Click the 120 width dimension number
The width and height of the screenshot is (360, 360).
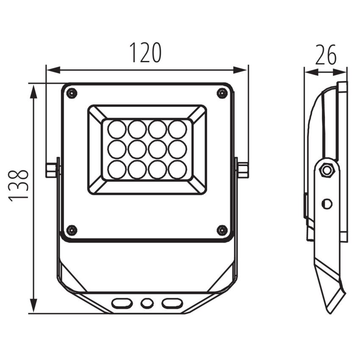[x=145, y=53]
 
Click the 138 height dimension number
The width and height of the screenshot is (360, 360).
[x=19, y=186]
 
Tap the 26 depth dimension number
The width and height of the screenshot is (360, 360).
[x=326, y=55]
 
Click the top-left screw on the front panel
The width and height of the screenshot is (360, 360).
[x=72, y=93]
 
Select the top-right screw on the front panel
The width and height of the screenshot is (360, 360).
[x=222, y=93]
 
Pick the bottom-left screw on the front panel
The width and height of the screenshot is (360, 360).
[x=72, y=230]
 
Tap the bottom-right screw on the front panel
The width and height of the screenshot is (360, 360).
[x=222, y=230]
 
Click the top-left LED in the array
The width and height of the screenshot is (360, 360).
[x=116, y=129]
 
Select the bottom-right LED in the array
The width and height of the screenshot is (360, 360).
[x=177, y=169]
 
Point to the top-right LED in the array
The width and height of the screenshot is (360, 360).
[x=177, y=129]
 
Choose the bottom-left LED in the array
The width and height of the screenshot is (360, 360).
[x=116, y=169]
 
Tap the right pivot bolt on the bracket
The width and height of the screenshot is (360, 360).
[x=242, y=169]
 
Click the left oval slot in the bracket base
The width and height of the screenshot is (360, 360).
[x=122, y=303]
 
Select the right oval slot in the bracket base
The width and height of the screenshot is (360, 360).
[x=172, y=303]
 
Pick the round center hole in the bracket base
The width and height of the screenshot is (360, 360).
[x=147, y=303]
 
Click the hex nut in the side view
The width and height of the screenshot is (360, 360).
[x=327, y=170]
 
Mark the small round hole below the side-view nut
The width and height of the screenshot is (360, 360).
[x=327, y=204]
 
